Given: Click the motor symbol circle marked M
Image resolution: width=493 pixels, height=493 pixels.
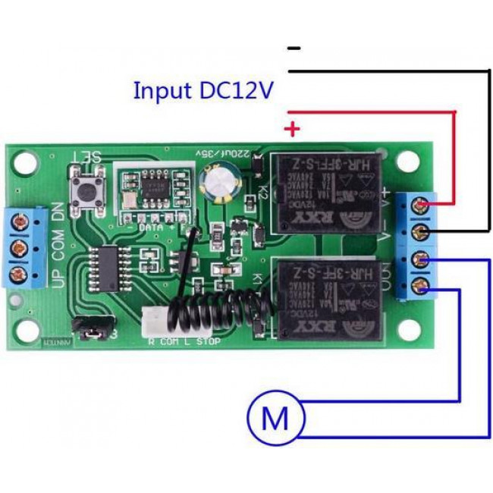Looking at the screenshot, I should coord(274,417).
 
